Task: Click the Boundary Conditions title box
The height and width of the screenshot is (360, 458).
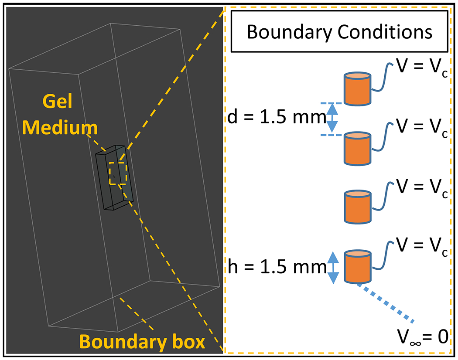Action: (x=339, y=31)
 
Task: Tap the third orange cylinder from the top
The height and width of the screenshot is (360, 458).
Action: (x=357, y=207)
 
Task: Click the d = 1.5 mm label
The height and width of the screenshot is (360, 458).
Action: (x=277, y=117)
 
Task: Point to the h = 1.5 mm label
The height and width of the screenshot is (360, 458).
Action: (x=277, y=267)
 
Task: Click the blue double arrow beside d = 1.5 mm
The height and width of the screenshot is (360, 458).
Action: (x=332, y=118)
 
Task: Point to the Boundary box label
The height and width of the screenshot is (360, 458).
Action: (x=143, y=342)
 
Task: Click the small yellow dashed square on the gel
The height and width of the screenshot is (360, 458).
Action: (x=117, y=173)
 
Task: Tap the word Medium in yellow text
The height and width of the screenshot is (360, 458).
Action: (x=60, y=128)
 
